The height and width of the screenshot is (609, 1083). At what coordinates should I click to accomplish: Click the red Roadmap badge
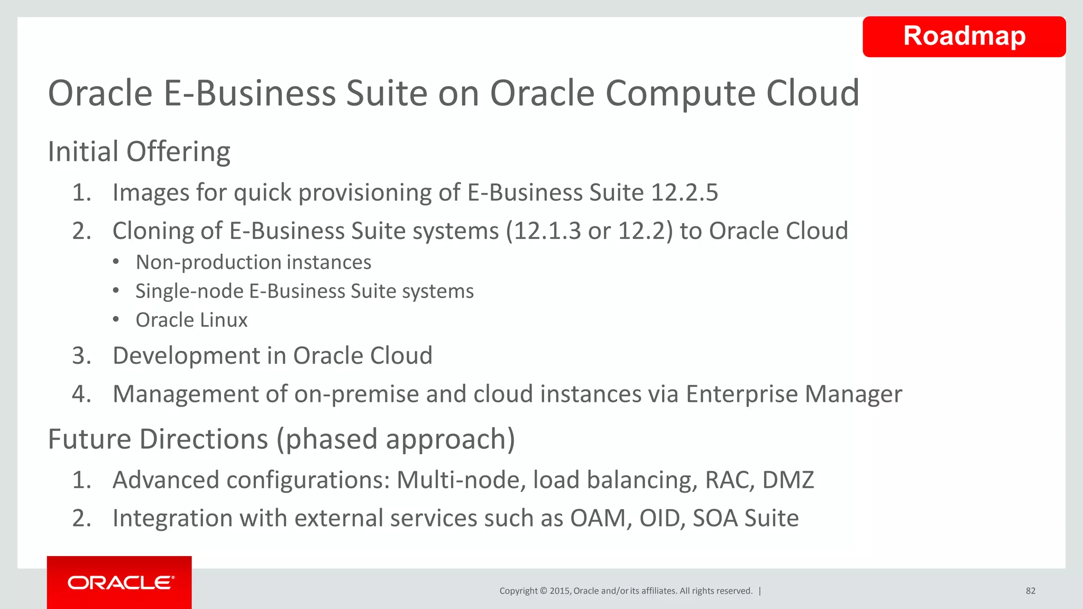pos(963,36)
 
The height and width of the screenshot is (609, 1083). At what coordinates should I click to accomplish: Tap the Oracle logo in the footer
pos(121,583)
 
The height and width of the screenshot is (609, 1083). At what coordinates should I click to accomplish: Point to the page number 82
pos(1030,591)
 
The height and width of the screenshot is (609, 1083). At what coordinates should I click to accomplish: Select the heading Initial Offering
pos(139,152)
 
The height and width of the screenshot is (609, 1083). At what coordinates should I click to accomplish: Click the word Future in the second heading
pos(89,439)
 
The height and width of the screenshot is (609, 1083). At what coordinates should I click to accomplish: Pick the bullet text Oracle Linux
pos(191,320)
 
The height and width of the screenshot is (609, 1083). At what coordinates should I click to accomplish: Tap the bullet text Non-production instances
pos(253,263)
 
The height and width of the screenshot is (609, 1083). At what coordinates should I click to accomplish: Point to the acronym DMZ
pos(788,480)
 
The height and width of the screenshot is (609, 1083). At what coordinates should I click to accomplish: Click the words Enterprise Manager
pos(794,394)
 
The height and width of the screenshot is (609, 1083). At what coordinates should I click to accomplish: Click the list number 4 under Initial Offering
pos(81,394)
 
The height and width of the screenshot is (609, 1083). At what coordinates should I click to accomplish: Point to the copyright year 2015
pos(560,591)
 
